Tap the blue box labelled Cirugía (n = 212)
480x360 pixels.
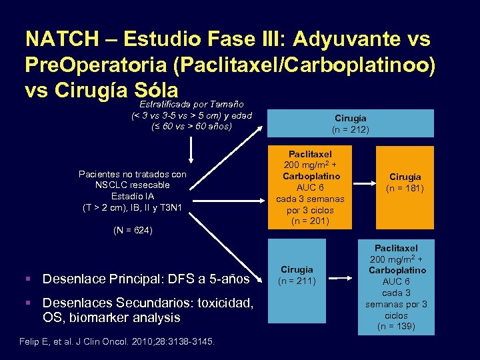351,123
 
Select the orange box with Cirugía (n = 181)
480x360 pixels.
405,182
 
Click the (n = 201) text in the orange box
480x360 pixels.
310,221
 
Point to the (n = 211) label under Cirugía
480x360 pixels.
297,281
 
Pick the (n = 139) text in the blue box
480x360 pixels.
396,326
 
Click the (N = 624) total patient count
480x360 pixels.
133,231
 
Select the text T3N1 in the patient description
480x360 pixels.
175,207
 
